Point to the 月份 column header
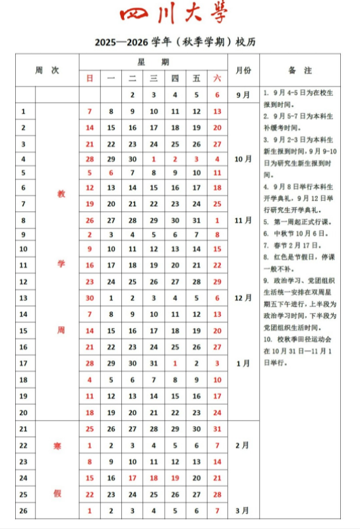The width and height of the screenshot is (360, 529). pyautogui.click(x=243, y=70)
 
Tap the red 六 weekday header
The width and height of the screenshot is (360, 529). pyautogui.click(x=217, y=78)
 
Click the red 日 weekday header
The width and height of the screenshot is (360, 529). pyautogui.click(x=90, y=78)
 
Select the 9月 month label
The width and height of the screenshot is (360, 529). pyautogui.click(x=243, y=95)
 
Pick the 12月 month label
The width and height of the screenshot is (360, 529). pyautogui.click(x=243, y=298)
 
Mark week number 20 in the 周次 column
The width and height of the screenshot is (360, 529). pyautogui.click(x=24, y=412)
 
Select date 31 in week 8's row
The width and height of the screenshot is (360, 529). pyautogui.click(x=196, y=221)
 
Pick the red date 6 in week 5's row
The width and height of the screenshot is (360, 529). pyautogui.click(x=111, y=173)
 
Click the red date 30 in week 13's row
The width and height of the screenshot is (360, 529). pyautogui.click(x=90, y=298)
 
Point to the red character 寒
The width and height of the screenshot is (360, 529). pyautogui.click(x=57, y=446)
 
